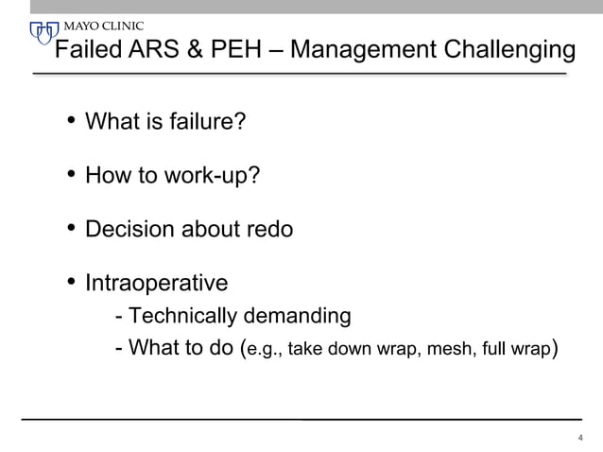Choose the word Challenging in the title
[507, 50]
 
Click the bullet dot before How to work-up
[71, 175]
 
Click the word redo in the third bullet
[270, 230]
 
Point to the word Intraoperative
[156, 284]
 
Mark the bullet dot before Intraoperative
[71, 283]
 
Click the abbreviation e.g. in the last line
[264, 350]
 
